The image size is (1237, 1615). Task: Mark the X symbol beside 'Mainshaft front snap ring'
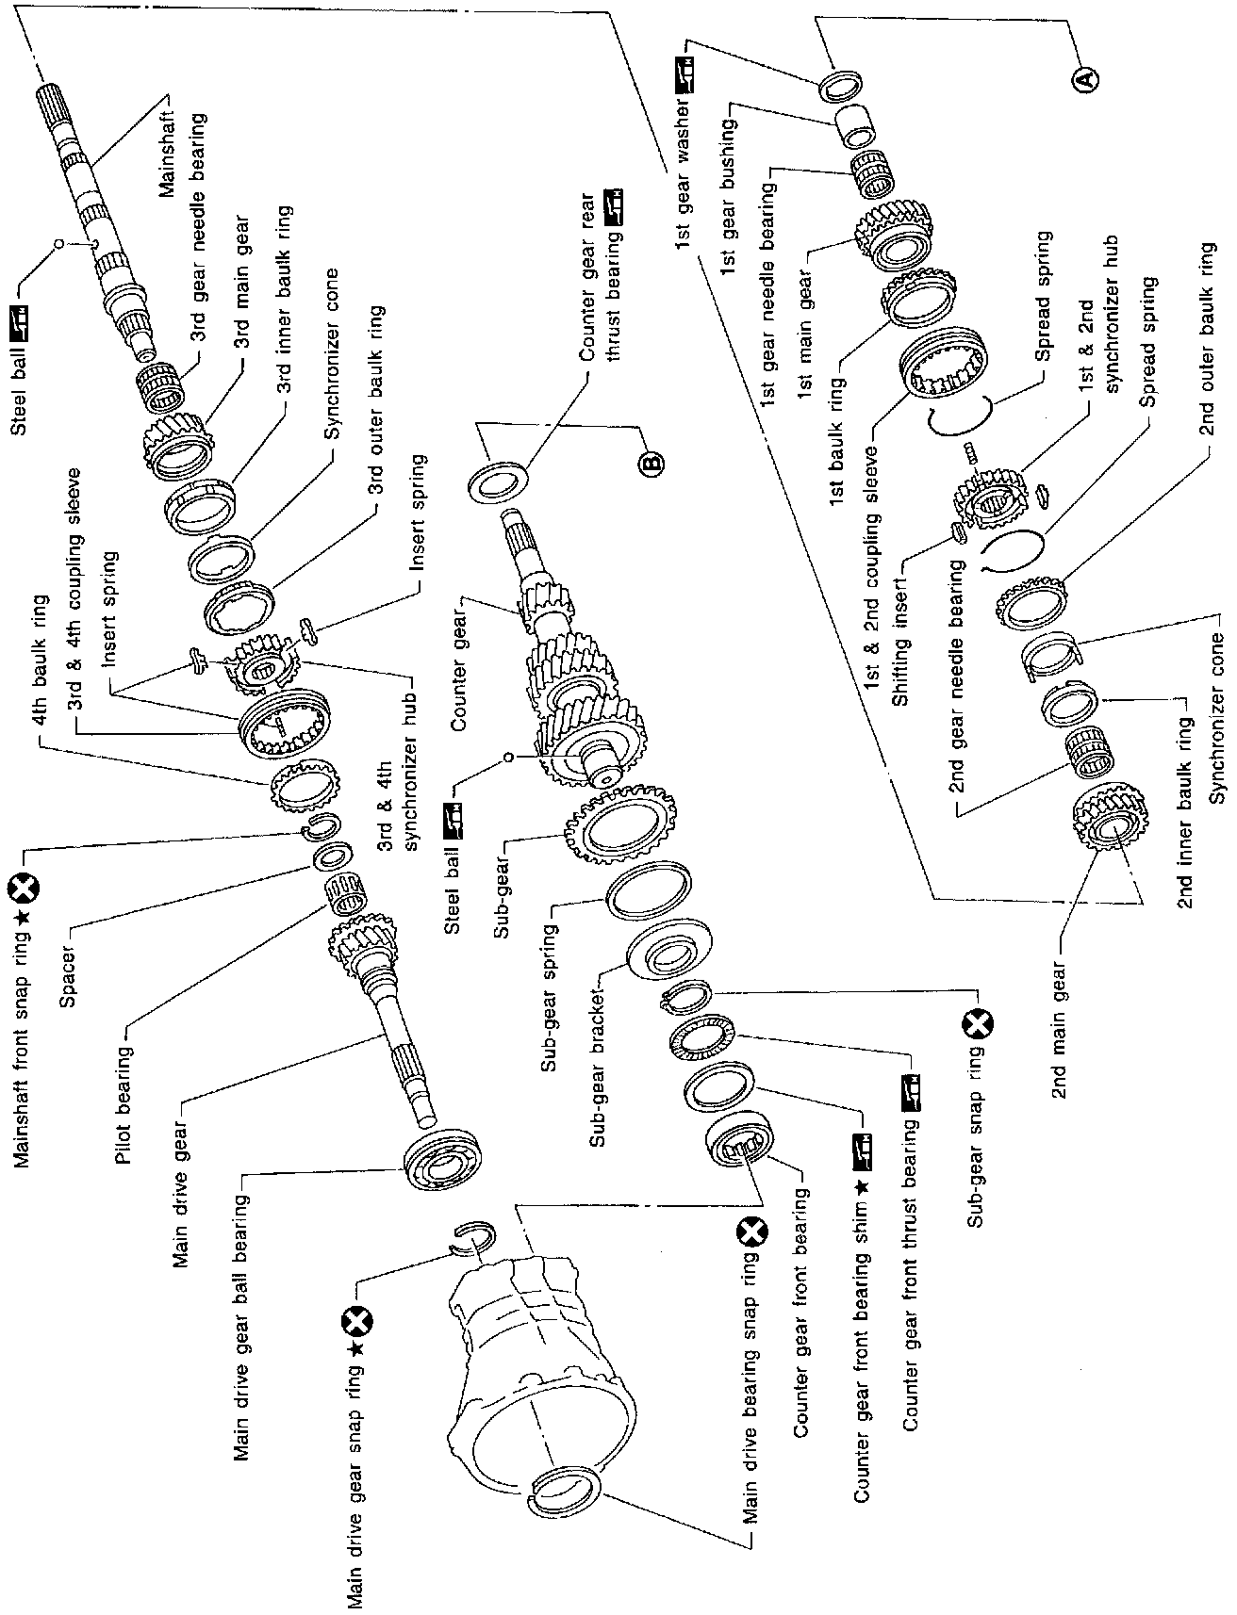coord(20,887)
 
